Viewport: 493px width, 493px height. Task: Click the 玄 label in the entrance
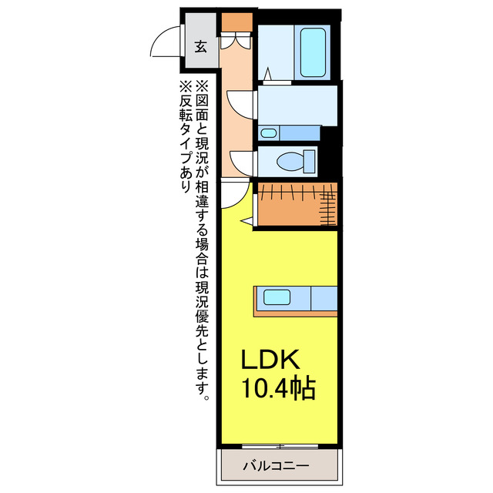point(200,46)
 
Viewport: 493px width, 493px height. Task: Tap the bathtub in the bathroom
point(314,52)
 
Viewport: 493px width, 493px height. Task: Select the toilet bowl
point(291,162)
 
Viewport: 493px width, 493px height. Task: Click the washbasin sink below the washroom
point(268,133)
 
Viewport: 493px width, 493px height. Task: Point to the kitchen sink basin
point(275,297)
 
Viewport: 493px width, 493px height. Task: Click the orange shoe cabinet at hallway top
point(236,22)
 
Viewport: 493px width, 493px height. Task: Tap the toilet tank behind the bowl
point(310,162)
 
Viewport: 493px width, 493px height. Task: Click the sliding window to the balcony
point(280,446)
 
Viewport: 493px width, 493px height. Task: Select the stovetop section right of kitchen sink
point(322,297)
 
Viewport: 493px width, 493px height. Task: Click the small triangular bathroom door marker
point(267,74)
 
